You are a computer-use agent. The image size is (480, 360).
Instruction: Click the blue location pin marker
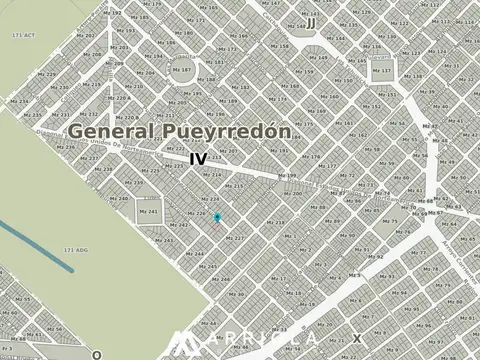217,216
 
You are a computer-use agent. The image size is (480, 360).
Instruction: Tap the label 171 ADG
75,249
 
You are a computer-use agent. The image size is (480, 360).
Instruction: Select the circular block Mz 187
184,70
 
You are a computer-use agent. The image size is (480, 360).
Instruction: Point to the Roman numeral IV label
198,159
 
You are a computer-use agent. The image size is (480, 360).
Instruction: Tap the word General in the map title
110,131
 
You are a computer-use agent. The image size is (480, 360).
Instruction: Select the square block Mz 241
149,211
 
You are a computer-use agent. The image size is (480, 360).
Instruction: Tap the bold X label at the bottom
358,338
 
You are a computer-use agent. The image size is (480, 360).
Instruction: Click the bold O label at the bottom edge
97,353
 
